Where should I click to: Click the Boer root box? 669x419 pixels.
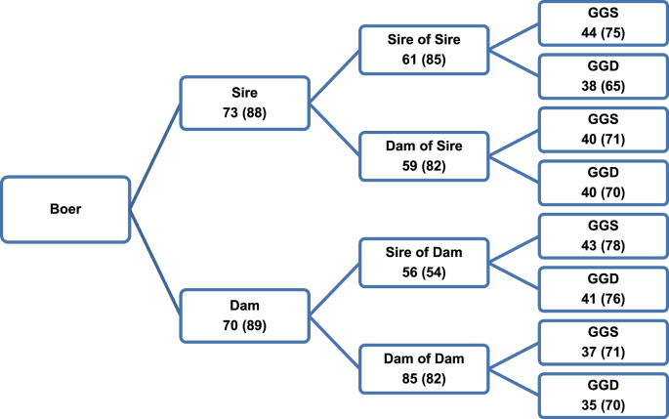(x=65, y=207)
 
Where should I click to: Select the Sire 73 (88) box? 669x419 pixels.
(x=245, y=103)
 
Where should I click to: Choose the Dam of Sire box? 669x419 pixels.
(x=424, y=155)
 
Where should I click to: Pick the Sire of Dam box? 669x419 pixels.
(x=424, y=262)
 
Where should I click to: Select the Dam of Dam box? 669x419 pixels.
(x=424, y=366)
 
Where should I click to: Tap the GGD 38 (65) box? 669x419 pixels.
(x=602, y=77)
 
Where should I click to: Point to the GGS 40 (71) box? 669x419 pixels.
(x=602, y=130)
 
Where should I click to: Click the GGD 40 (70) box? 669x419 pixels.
(x=602, y=183)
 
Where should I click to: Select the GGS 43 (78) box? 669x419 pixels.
(x=602, y=236)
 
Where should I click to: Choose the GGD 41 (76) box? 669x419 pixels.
(x=602, y=289)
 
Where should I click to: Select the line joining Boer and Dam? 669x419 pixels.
(x=155, y=261)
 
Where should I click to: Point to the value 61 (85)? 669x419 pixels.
(x=424, y=61)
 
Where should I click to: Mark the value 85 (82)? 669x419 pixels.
(x=424, y=376)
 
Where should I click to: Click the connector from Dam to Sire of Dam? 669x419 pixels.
(x=334, y=288)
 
